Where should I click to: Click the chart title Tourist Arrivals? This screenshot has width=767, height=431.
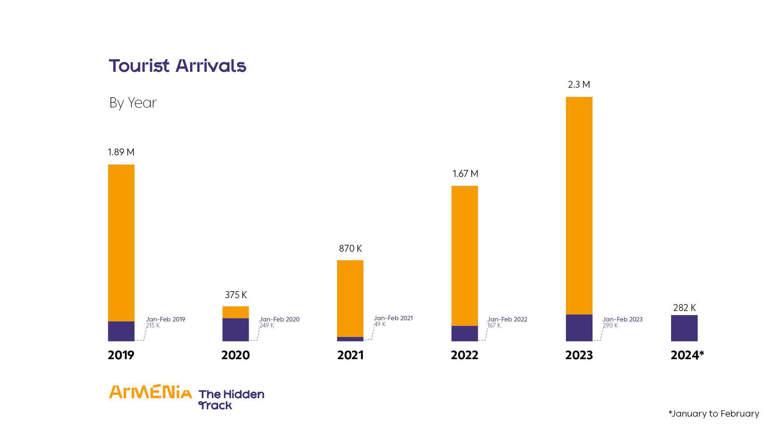coord(177,66)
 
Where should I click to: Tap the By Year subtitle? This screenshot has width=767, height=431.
coord(133,103)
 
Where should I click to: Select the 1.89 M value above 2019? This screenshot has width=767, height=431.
coord(121,152)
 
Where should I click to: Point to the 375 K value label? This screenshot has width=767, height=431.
coord(236,295)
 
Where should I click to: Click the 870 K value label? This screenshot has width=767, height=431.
coord(350,248)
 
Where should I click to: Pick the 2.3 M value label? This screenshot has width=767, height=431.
coord(579,85)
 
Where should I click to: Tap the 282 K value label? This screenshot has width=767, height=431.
coord(684,308)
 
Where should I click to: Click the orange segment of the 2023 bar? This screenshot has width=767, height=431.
coord(579,206)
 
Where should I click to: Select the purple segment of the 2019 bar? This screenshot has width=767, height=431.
coord(121,331)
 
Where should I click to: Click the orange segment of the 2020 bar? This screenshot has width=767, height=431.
coord(236,312)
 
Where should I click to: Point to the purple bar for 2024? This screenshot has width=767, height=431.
coord(684,328)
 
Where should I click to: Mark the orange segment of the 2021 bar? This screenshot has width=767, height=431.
coord(350,298)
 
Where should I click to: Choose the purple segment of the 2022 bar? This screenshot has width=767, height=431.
coord(464,333)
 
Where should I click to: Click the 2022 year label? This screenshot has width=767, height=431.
coord(464,355)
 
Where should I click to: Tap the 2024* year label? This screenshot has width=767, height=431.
coord(687,355)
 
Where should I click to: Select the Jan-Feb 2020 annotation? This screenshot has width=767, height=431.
coord(279,319)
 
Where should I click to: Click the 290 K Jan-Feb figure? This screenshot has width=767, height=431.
coord(610,325)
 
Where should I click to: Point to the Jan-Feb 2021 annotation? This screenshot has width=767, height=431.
coord(393,318)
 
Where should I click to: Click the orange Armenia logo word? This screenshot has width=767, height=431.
coord(150,392)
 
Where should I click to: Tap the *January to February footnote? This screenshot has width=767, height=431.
coord(713,413)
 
